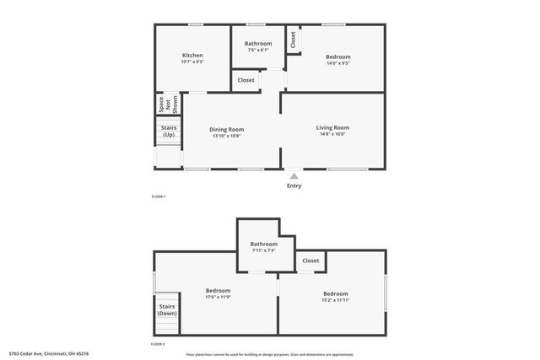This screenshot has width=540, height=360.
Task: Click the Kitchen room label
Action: [x=192, y=56]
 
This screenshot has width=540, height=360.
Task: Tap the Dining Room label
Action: [x=226, y=129]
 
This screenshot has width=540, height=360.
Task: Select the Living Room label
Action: [x=334, y=127]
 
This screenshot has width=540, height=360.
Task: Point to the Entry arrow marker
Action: [x=294, y=176]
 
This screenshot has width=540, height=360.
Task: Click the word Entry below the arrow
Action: [x=294, y=186]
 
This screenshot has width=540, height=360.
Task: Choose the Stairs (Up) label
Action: [x=169, y=132]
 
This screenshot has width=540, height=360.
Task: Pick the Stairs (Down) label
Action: [x=167, y=309]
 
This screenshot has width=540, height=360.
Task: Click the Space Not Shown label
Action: [x=169, y=105]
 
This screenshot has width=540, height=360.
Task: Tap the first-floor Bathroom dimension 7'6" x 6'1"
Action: [x=258, y=51]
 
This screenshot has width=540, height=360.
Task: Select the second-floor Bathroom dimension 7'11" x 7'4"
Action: [x=264, y=250]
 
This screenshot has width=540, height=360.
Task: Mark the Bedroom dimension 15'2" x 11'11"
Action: [x=335, y=300]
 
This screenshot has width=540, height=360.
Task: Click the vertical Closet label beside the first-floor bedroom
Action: [x=293, y=40]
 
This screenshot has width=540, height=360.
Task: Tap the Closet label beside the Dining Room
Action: [x=246, y=81]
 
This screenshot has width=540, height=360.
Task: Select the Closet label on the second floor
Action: [x=311, y=261]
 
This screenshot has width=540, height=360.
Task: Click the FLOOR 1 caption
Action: [x=158, y=196]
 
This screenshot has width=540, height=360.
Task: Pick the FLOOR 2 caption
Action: [x=158, y=345]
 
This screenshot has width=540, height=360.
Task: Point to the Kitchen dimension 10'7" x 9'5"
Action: [x=192, y=62]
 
